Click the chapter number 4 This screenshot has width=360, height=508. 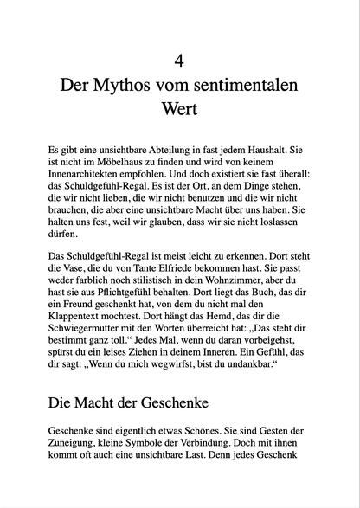coord(179,61)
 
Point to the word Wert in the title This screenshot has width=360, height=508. coord(179,111)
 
